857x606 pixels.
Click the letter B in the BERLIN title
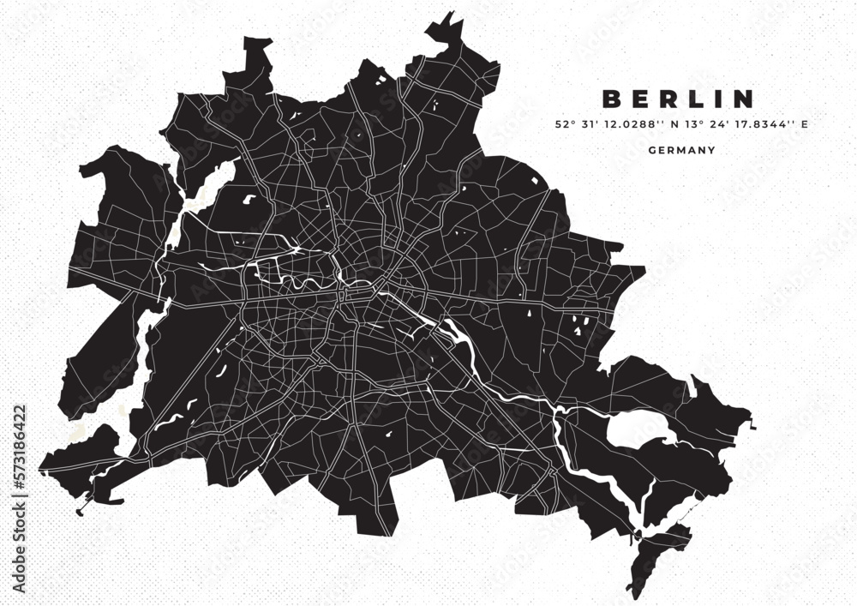pos(611,99)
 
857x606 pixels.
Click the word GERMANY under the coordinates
pos(682,150)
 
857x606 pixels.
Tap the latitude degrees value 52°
pos(564,124)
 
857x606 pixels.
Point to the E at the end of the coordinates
pos(805,124)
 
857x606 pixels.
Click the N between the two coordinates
pos(674,124)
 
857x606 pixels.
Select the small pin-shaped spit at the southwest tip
pos(81,512)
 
